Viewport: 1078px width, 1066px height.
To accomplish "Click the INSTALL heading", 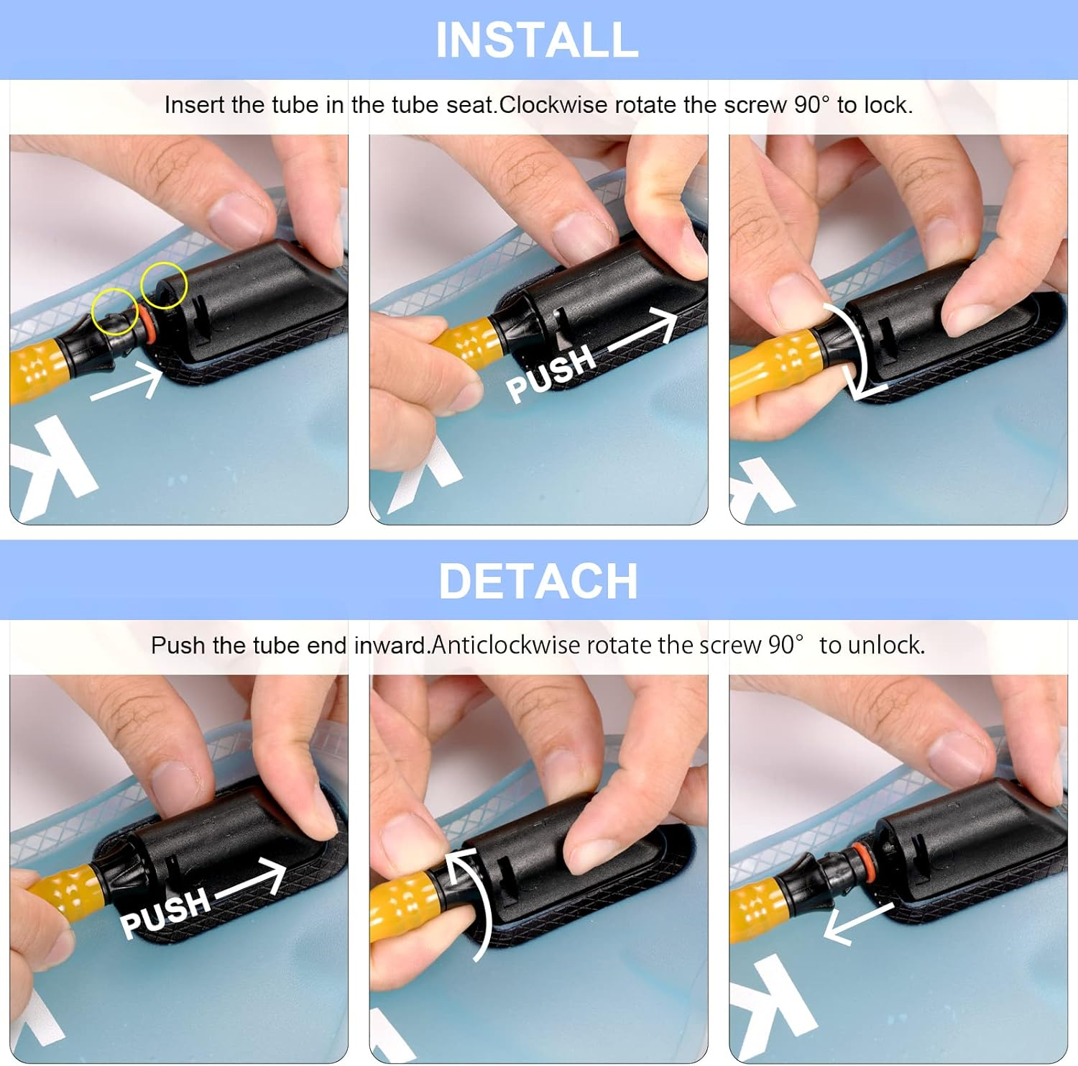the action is click(x=538, y=40).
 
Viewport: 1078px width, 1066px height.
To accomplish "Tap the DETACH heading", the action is click(x=538, y=581).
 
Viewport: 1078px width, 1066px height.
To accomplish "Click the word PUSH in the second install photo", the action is click(x=551, y=373).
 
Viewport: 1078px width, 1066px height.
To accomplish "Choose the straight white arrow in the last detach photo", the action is click(x=858, y=923).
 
